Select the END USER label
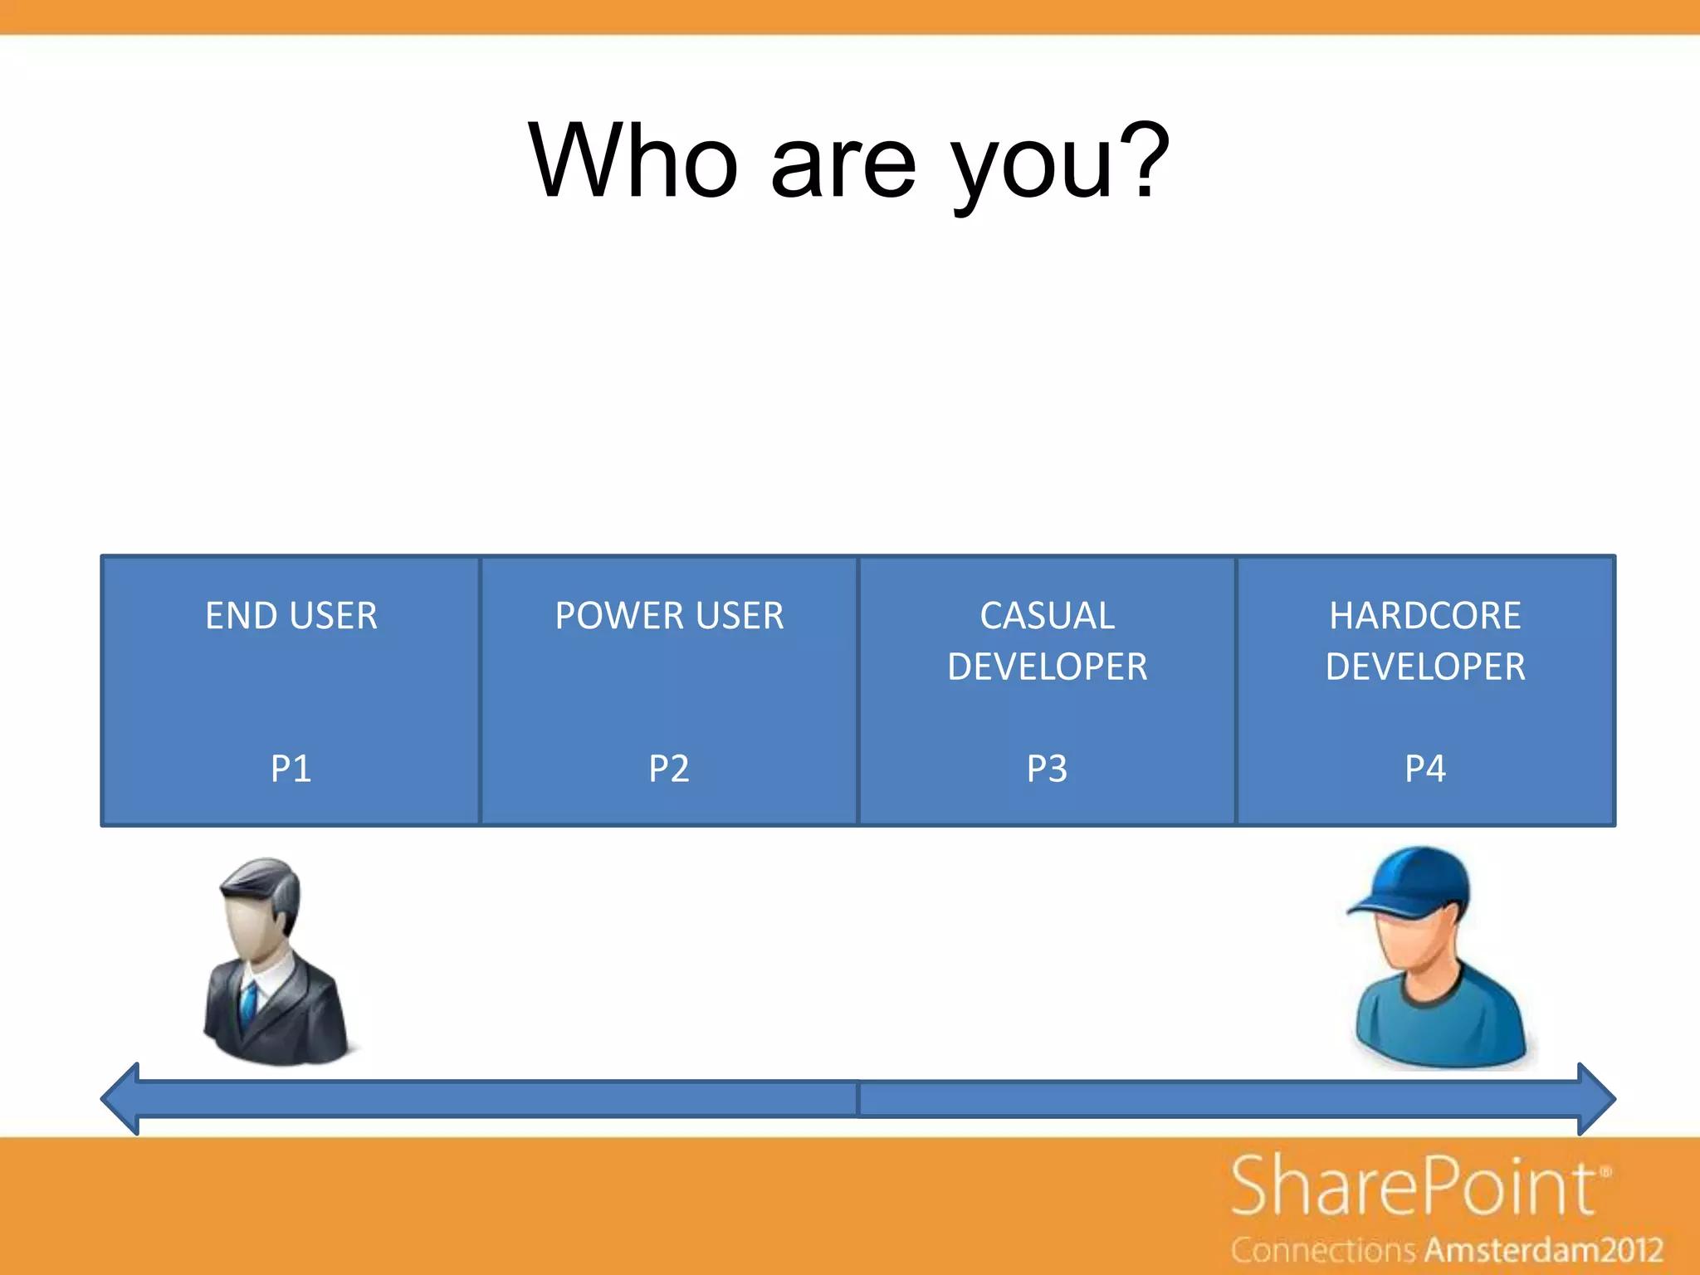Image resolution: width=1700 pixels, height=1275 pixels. pyautogui.click(x=291, y=616)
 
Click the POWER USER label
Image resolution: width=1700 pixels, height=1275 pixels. pyautogui.click(x=669, y=616)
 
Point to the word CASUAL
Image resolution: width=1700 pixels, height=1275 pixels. pyautogui.click(x=1048, y=616)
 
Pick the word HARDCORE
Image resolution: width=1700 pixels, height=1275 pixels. pyautogui.click(x=1425, y=616)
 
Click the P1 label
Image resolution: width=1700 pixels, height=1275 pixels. pyautogui.click(x=291, y=769)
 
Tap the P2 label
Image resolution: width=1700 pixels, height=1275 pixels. pyautogui.click(x=669, y=769)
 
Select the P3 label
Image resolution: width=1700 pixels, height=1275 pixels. pyautogui.click(x=1048, y=769)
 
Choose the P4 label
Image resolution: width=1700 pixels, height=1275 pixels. pyautogui.click(x=1425, y=769)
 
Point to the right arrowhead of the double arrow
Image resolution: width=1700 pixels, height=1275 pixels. pyautogui.click(x=1595, y=1099)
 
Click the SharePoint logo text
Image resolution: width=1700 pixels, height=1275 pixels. pyautogui.click(x=1413, y=1187)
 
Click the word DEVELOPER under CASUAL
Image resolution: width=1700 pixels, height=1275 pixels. pyautogui.click(x=1048, y=667)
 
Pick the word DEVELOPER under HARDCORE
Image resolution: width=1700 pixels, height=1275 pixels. pyautogui.click(x=1425, y=667)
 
